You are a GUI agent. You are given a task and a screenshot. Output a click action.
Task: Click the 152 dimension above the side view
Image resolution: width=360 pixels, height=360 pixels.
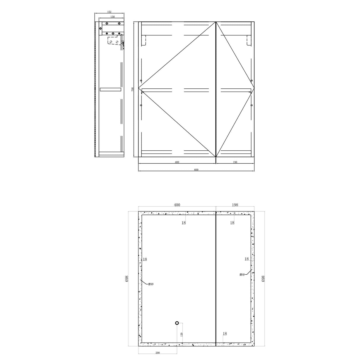click(109, 12)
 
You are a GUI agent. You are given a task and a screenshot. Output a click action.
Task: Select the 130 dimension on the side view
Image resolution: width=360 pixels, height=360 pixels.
click(112, 17)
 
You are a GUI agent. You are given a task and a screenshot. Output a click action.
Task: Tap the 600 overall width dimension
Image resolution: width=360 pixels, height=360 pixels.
click(196, 170)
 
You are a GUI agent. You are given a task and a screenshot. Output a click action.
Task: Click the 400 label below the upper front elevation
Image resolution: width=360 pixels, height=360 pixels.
click(177, 162)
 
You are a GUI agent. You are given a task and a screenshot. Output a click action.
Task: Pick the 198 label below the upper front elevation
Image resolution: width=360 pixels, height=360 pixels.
click(235, 162)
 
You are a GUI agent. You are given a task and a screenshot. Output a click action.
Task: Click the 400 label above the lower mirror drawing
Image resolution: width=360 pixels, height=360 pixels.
click(177, 205)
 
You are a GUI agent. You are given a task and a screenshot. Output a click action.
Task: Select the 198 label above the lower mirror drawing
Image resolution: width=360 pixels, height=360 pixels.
click(235, 205)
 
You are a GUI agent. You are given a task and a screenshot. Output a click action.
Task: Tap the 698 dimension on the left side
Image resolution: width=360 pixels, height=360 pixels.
click(127, 279)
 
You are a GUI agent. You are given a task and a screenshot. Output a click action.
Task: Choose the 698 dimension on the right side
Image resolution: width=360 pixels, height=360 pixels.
click(263, 279)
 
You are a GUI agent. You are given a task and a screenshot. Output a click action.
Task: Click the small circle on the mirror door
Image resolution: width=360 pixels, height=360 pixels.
click(177, 323)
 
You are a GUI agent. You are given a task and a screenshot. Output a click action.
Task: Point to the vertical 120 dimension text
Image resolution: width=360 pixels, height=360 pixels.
click(181, 334)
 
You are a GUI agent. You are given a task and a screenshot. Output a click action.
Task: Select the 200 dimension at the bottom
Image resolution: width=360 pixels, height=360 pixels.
click(157, 353)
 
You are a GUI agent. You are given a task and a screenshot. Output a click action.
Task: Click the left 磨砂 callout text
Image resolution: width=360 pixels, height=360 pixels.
click(151, 284)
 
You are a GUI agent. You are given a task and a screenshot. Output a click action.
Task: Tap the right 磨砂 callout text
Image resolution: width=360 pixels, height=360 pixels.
click(242, 275)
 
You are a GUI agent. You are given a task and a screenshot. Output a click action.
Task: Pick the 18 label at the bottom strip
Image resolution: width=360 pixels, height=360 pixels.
click(225, 334)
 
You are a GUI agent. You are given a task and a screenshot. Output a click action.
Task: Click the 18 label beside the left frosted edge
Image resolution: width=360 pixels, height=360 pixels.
click(145, 259)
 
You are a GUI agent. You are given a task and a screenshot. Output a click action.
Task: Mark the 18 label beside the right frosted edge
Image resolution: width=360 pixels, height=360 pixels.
click(246, 259)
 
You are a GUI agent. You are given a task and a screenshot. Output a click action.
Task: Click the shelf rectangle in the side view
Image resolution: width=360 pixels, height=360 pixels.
click(111, 89)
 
